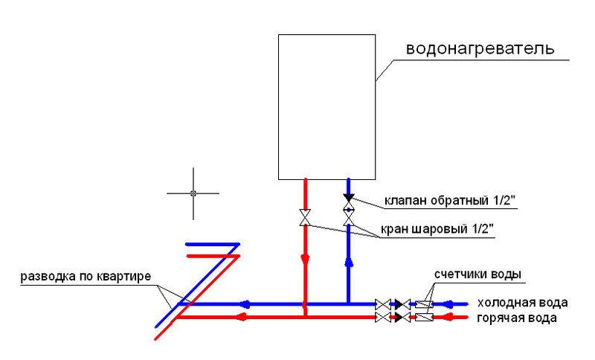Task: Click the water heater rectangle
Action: pos(327,106)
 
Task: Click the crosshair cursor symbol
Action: pos(193,193)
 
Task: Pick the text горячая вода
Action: pos(517,318)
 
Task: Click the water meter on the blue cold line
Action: pos(425,304)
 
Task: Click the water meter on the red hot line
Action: pos(425,318)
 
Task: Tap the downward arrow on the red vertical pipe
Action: pos(305,260)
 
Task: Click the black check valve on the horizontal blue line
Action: pos(401,304)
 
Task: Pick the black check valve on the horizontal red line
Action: pos(401,318)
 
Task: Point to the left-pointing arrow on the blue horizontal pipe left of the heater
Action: pos(243,304)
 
